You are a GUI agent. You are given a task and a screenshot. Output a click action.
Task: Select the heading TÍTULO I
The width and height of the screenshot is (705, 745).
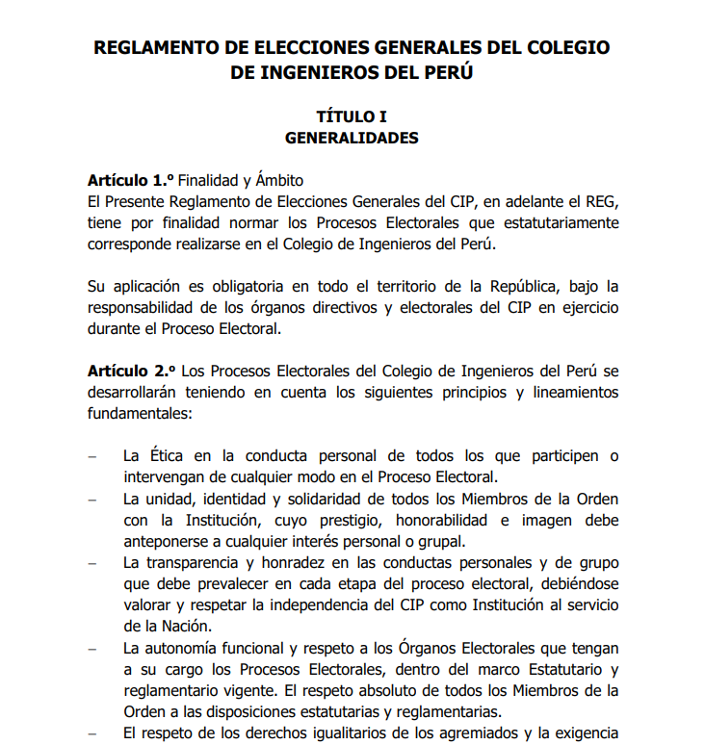pyautogui.click(x=352, y=116)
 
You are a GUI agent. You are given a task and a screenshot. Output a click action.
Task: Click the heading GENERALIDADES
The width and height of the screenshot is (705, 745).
pyautogui.click(x=352, y=138)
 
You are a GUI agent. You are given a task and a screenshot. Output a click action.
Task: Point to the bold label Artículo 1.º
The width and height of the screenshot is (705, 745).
pyautogui.click(x=130, y=180)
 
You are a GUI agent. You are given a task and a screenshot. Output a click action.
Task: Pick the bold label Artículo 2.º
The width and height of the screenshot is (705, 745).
pyautogui.click(x=130, y=371)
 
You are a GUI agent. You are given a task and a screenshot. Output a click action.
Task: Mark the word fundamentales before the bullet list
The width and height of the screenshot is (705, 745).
pyautogui.click(x=140, y=413)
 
